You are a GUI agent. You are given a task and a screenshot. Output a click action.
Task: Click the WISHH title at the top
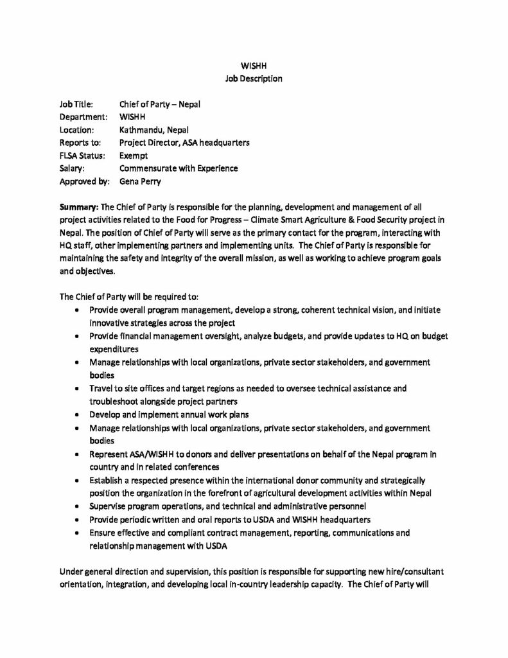coord(254,66)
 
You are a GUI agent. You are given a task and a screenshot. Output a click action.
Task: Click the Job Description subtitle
coord(254,78)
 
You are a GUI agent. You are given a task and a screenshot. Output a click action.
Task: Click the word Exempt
coord(134,156)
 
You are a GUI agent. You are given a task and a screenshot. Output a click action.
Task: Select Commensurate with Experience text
coord(179,168)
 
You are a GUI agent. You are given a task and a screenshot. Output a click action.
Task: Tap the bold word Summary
coord(78,208)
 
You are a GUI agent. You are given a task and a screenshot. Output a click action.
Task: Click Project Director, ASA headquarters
coord(184,143)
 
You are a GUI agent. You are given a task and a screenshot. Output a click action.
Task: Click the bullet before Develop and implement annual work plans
coord(77,414)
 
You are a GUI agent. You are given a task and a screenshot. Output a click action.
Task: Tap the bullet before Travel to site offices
coord(77,389)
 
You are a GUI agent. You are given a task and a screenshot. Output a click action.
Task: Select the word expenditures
coord(114,349)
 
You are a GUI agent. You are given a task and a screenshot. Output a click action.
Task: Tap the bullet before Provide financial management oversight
coord(77,336)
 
